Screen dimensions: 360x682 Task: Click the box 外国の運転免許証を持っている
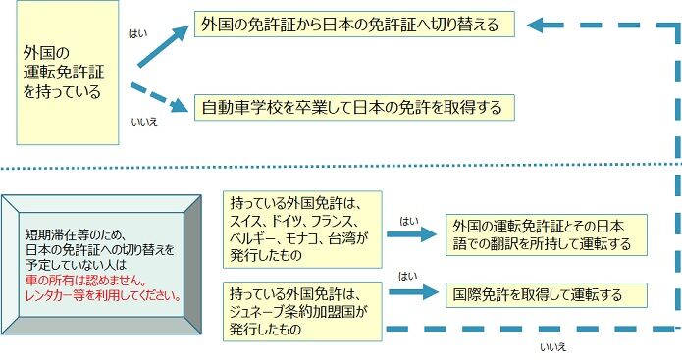click(x=68, y=75)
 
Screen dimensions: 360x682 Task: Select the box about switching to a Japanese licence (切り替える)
click(x=355, y=23)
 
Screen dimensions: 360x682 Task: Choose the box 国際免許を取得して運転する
click(x=534, y=292)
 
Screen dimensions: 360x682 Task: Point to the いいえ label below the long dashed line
click(x=553, y=346)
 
